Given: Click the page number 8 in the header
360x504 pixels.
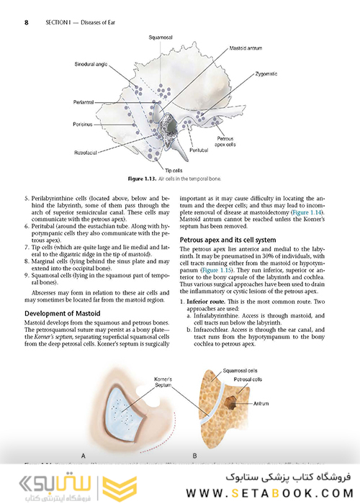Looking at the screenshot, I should tap(26, 22).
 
